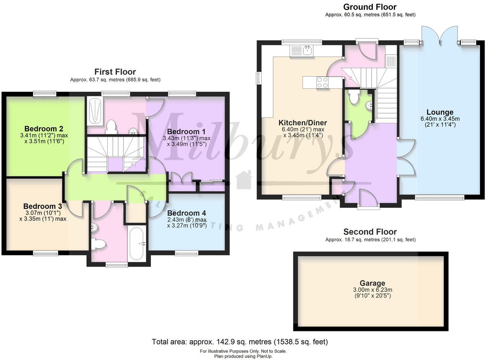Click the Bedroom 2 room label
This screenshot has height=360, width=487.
[44, 129]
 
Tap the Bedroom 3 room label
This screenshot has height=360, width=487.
[43, 206]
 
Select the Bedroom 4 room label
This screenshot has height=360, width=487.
[187, 213]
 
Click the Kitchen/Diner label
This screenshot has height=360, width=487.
[303, 123]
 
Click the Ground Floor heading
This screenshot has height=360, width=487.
[370, 7]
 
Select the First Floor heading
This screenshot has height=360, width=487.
[115, 72]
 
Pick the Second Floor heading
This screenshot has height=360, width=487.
[370, 231]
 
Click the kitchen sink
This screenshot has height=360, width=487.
[308, 50]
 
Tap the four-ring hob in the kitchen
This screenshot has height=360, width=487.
[323, 82]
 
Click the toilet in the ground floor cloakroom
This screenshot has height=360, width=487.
[353, 97]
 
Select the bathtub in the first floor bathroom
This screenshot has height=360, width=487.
[137, 243]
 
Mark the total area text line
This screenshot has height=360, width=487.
[240, 342]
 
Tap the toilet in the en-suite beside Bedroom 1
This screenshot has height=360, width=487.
[111, 127]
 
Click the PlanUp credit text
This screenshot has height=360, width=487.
[243, 356]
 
